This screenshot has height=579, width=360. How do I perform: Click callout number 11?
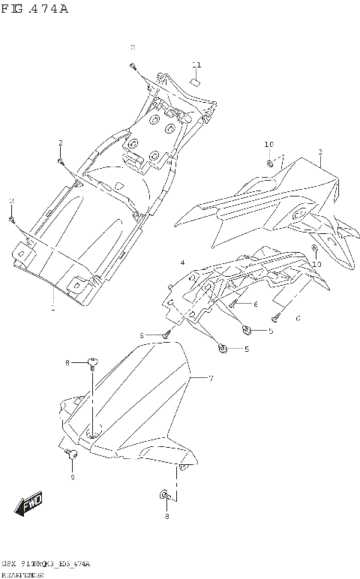click(x=196, y=64)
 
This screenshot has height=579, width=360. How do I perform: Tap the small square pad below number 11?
click(x=194, y=81)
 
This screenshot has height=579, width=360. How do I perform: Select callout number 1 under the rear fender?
click(x=52, y=308)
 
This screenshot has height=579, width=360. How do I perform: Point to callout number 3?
click(x=319, y=152)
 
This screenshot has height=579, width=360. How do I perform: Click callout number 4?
click(x=182, y=262)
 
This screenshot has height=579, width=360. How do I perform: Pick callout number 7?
click(x=211, y=379)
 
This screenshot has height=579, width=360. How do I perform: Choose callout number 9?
click(x=73, y=477)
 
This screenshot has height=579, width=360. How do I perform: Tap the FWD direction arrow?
click(x=31, y=505)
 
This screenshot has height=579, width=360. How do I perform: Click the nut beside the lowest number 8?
click(x=163, y=496)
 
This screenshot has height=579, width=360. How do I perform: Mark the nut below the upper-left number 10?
click(x=269, y=162)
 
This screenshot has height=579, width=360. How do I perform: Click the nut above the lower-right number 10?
click(x=314, y=248)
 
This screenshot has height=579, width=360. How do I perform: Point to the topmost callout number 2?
click(x=133, y=47)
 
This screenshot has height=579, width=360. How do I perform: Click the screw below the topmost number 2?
click(x=133, y=67)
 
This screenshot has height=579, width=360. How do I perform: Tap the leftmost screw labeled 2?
click(x=12, y=219)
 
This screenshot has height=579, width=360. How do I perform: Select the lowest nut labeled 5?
click(x=222, y=347)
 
